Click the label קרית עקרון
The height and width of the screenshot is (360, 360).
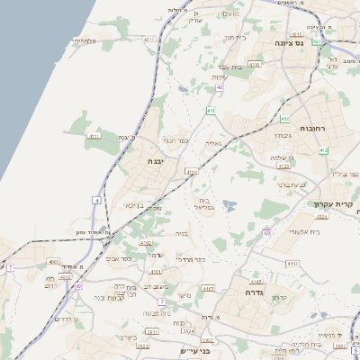336,203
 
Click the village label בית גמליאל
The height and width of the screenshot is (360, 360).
208,203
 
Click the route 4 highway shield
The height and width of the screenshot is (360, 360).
96,200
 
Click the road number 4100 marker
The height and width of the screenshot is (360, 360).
255,65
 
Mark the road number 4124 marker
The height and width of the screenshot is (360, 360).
284,166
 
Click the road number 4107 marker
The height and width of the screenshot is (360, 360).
209,288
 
